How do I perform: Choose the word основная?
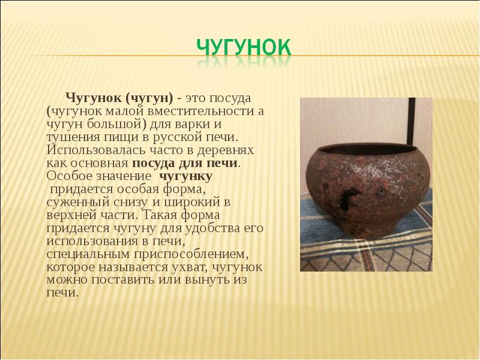click(x=99, y=163)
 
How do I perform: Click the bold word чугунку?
click(x=186, y=176)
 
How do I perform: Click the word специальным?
click(x=88, y=254)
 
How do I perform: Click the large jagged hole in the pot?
click(x=348, y=197)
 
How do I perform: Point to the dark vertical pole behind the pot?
click(x=412, y=122)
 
